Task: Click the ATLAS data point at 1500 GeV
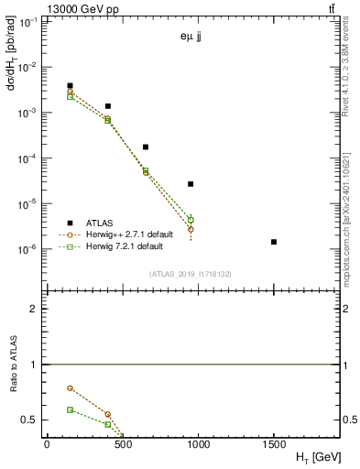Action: (274, 242)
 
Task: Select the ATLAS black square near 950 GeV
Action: (191, 184)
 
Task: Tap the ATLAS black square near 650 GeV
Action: (146, 147)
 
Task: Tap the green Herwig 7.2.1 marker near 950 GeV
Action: (191, 220)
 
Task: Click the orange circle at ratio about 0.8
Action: (71, 388)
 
